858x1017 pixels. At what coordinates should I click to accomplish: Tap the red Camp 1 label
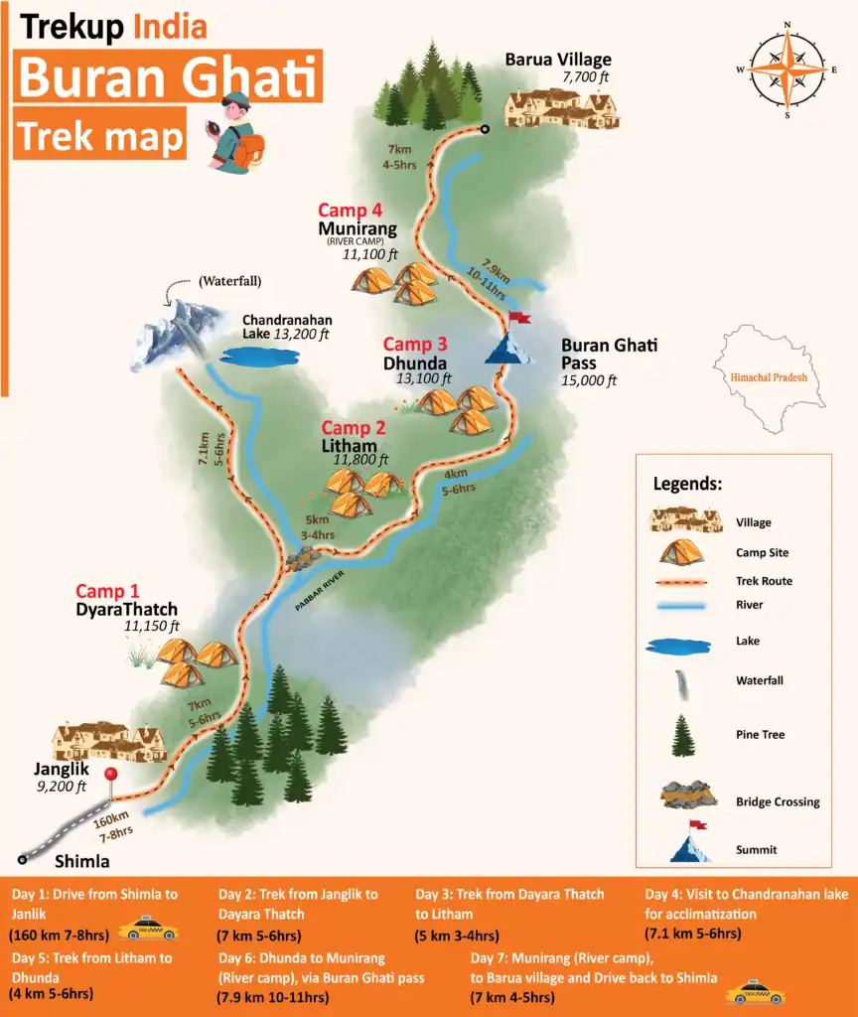(x=107, y=592)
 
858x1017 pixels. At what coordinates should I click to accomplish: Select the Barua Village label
(x=558, y=61)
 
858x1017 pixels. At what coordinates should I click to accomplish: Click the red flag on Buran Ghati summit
(x=518, y=318)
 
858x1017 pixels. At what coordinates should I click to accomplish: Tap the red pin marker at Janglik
(x=111, y=775)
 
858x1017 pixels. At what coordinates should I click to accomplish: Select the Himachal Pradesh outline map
(x=769, y=377)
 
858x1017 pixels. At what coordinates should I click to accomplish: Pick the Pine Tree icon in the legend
(x=683, y=735)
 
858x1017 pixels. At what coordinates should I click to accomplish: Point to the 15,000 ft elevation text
(x=590, y=380)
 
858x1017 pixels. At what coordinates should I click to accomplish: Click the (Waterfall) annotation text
(x=229, y=281)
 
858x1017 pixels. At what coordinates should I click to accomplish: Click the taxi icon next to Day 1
(x=148, y=930)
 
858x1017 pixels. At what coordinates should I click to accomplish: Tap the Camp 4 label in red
(x=351, y=211)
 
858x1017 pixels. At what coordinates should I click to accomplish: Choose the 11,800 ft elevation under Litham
(x=360, y=460)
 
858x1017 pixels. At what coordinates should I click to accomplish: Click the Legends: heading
(x=687, y=485)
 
